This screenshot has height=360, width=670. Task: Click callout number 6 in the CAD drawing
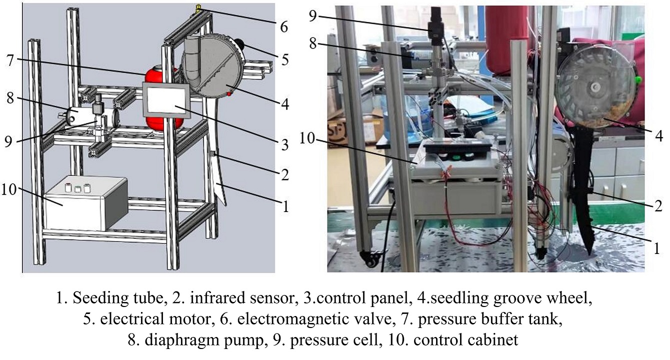coord(284,26)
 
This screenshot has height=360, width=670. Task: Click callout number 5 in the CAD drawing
coord(284,60)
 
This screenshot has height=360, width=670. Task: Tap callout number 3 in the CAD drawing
coord(284,146)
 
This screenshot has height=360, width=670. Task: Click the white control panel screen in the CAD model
coord(166,101)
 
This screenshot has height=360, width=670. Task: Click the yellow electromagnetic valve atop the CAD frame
coord(198,7)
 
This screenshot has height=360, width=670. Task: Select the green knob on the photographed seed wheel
coord(638,80)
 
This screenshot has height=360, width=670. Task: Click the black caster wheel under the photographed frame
coord(371,259)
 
